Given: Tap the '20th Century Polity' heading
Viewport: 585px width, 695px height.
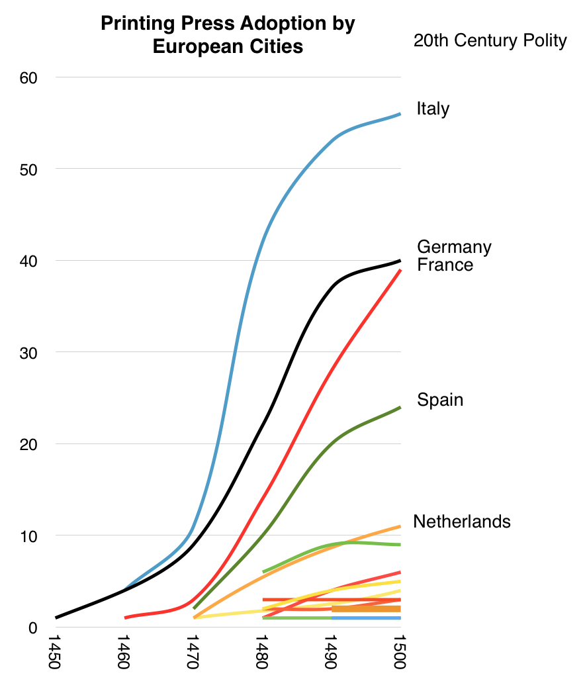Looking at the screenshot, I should (x=490, y=41).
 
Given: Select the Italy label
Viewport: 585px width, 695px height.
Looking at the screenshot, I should (x=433, y=109).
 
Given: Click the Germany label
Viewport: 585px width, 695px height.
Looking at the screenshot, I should (x=454, y=248).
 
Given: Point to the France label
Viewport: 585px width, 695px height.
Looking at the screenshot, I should (x=445, y=265).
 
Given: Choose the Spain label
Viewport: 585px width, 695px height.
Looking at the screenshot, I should (x=439, y=400).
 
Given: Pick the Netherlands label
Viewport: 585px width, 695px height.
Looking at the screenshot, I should (x=461, y=522).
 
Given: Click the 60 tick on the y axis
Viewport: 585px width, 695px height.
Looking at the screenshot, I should (x=29, y=77).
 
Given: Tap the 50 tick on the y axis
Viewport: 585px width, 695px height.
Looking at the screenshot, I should (x=29, y=169).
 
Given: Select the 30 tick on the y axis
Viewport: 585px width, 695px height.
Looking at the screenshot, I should (x=29, y=352).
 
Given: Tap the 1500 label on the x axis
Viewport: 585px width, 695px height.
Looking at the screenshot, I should (x=400, y=652).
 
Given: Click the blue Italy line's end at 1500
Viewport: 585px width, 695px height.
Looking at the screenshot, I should (x=400, y=114).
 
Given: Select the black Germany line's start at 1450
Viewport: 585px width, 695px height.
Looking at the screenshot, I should (x=57, y=618).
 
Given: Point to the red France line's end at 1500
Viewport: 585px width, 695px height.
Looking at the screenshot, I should (x=400, y=270).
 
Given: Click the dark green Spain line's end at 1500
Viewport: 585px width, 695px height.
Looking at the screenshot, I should (x=400, y=408).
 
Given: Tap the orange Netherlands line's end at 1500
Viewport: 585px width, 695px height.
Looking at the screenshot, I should (x=400, y=526).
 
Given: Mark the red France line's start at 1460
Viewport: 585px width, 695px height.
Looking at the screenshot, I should (x=126, y=618).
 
